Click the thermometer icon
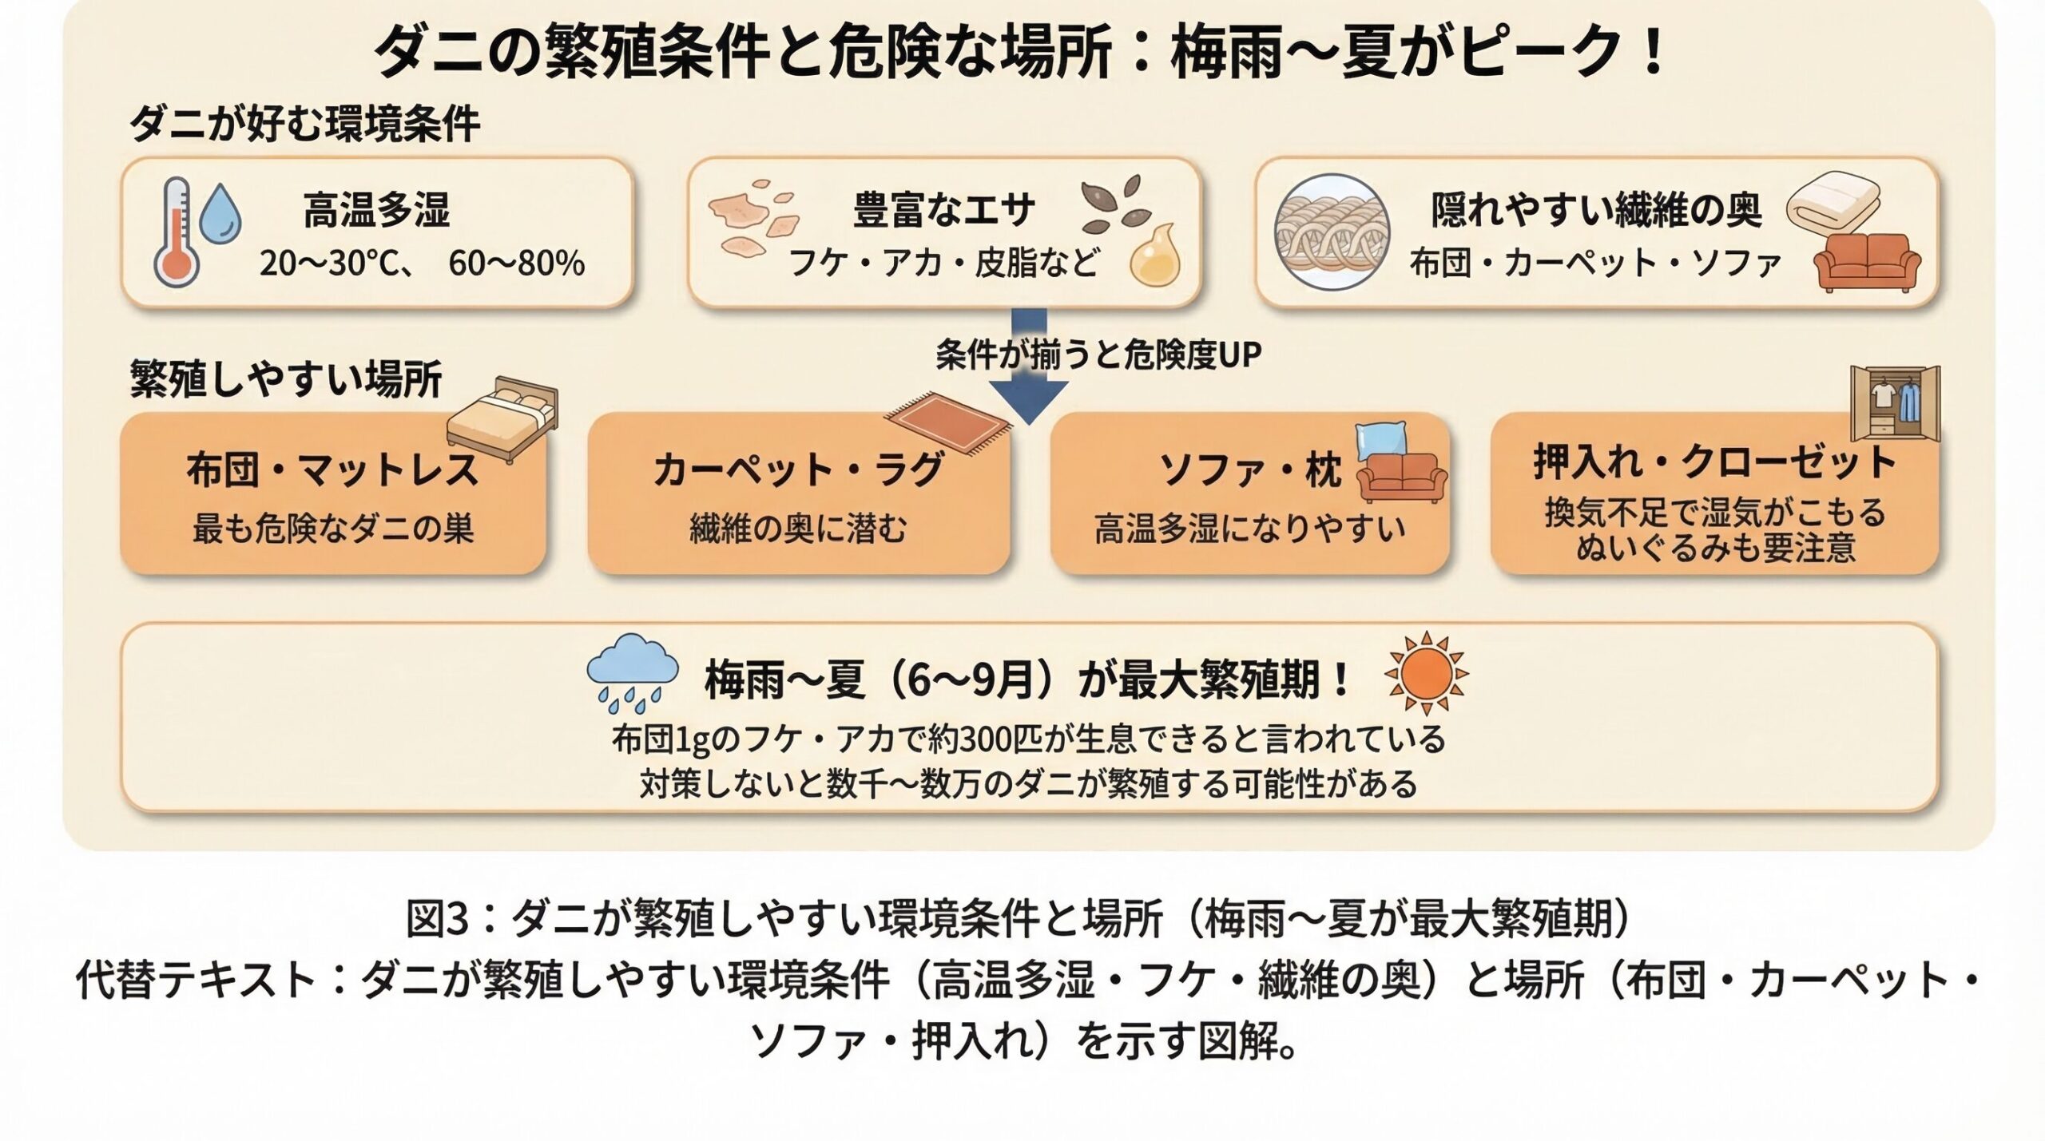pos(177,232)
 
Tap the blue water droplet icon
pos(220,214)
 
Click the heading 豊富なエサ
pos(943,210)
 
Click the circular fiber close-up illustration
pos(1332,232)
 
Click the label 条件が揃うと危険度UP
pos(1098,355)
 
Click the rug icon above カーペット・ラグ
pos(948,422)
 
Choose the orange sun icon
pos(1427,673)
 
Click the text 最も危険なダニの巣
pos(333,529)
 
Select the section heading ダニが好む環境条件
pos(304,125)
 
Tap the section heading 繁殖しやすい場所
pos(286,379)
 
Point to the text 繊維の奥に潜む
pos(798,529)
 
